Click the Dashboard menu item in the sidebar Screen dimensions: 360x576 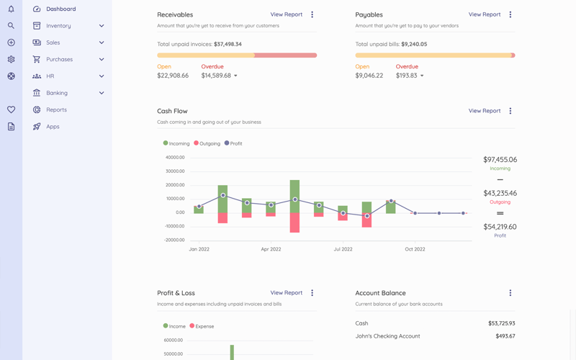click(x=60, y=9)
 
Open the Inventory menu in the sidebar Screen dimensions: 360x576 click(x=58, y=26)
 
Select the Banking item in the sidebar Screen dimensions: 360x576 click(x=57, y=93)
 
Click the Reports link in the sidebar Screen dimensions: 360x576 click(x=56, y=110)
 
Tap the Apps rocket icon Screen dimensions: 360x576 click(x=37, y=127)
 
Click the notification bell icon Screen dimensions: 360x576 click(x=11, y=9)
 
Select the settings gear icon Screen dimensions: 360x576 click(x=11, y=60)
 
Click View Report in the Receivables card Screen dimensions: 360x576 click(x=286, y=14)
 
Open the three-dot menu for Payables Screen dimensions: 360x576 click(x=510, y=14)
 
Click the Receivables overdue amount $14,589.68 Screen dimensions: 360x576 click(x=216, y=76)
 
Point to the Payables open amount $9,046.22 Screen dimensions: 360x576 click(x=369, y=76)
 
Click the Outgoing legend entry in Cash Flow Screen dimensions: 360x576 click(x=207, y=143)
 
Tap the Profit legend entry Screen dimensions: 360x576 click(x=233, y=143)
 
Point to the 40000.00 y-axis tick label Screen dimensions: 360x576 click(x=175, y=157)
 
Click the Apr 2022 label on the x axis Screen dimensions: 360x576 click(x=271, y=249)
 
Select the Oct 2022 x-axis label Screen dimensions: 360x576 click(x=415, y=249)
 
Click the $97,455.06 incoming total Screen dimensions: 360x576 click(x=500, y=160)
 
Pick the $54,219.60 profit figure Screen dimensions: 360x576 click(x=500, y=227)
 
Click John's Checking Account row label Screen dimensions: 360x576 click(x=387, y=336)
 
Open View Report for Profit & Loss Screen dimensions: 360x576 click(x=286, y=293)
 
